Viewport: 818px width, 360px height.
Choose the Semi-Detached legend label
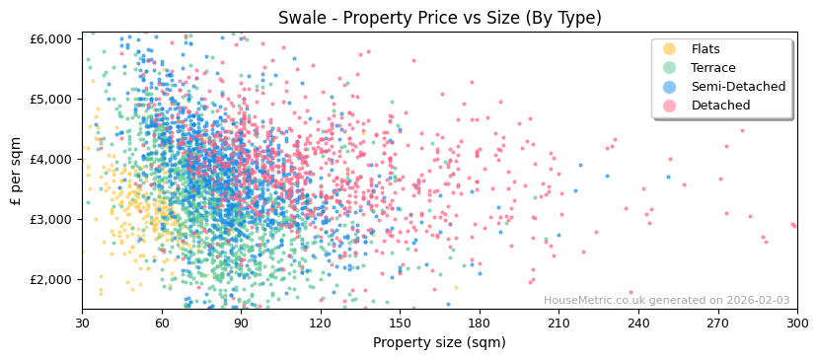pyautogui.click(x=738, y=87)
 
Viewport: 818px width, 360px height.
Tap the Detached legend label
pyautogui.click(x=720, y=106)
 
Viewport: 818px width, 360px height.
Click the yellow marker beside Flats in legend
pyautogui.click(x=669, y=49)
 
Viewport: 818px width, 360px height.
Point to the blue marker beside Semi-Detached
pyautogui.click(x=669, y=87)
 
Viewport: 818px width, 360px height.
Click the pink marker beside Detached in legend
pyautogui.click(x=669, y=106)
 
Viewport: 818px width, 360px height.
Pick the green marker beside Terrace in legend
pyautogui.click(x=669, y=68)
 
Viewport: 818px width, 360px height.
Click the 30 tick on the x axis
pyautogui.click(x=82, y=323)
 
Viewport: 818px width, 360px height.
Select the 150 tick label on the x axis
pyautogui.click(x=400, y=323)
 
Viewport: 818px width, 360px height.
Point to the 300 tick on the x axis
pyautogui.click(x=797, y=323)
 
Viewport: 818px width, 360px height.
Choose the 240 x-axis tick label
pyautogui.click(x=638, y=323)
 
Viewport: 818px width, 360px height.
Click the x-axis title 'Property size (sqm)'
pyautogui.click(x=439, y=343)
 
